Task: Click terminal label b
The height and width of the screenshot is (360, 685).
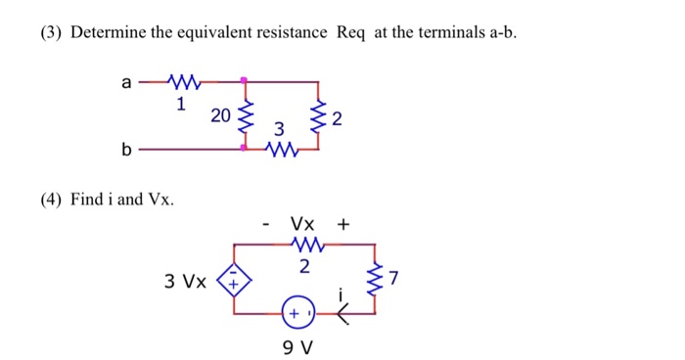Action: [125, 151]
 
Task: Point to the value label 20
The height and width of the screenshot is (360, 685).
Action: [221, 115]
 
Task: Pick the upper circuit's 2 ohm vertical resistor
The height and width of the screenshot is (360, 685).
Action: [317, 117]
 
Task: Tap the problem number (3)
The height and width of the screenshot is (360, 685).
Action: [52, 33]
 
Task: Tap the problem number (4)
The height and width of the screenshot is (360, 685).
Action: [52, 200]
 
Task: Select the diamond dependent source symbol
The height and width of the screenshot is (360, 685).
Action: [234, 280]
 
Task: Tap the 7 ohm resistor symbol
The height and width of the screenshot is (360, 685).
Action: [375, 280]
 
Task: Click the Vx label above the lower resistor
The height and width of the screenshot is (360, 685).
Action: [303, 224]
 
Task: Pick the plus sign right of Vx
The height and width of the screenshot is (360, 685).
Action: [342, 224]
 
